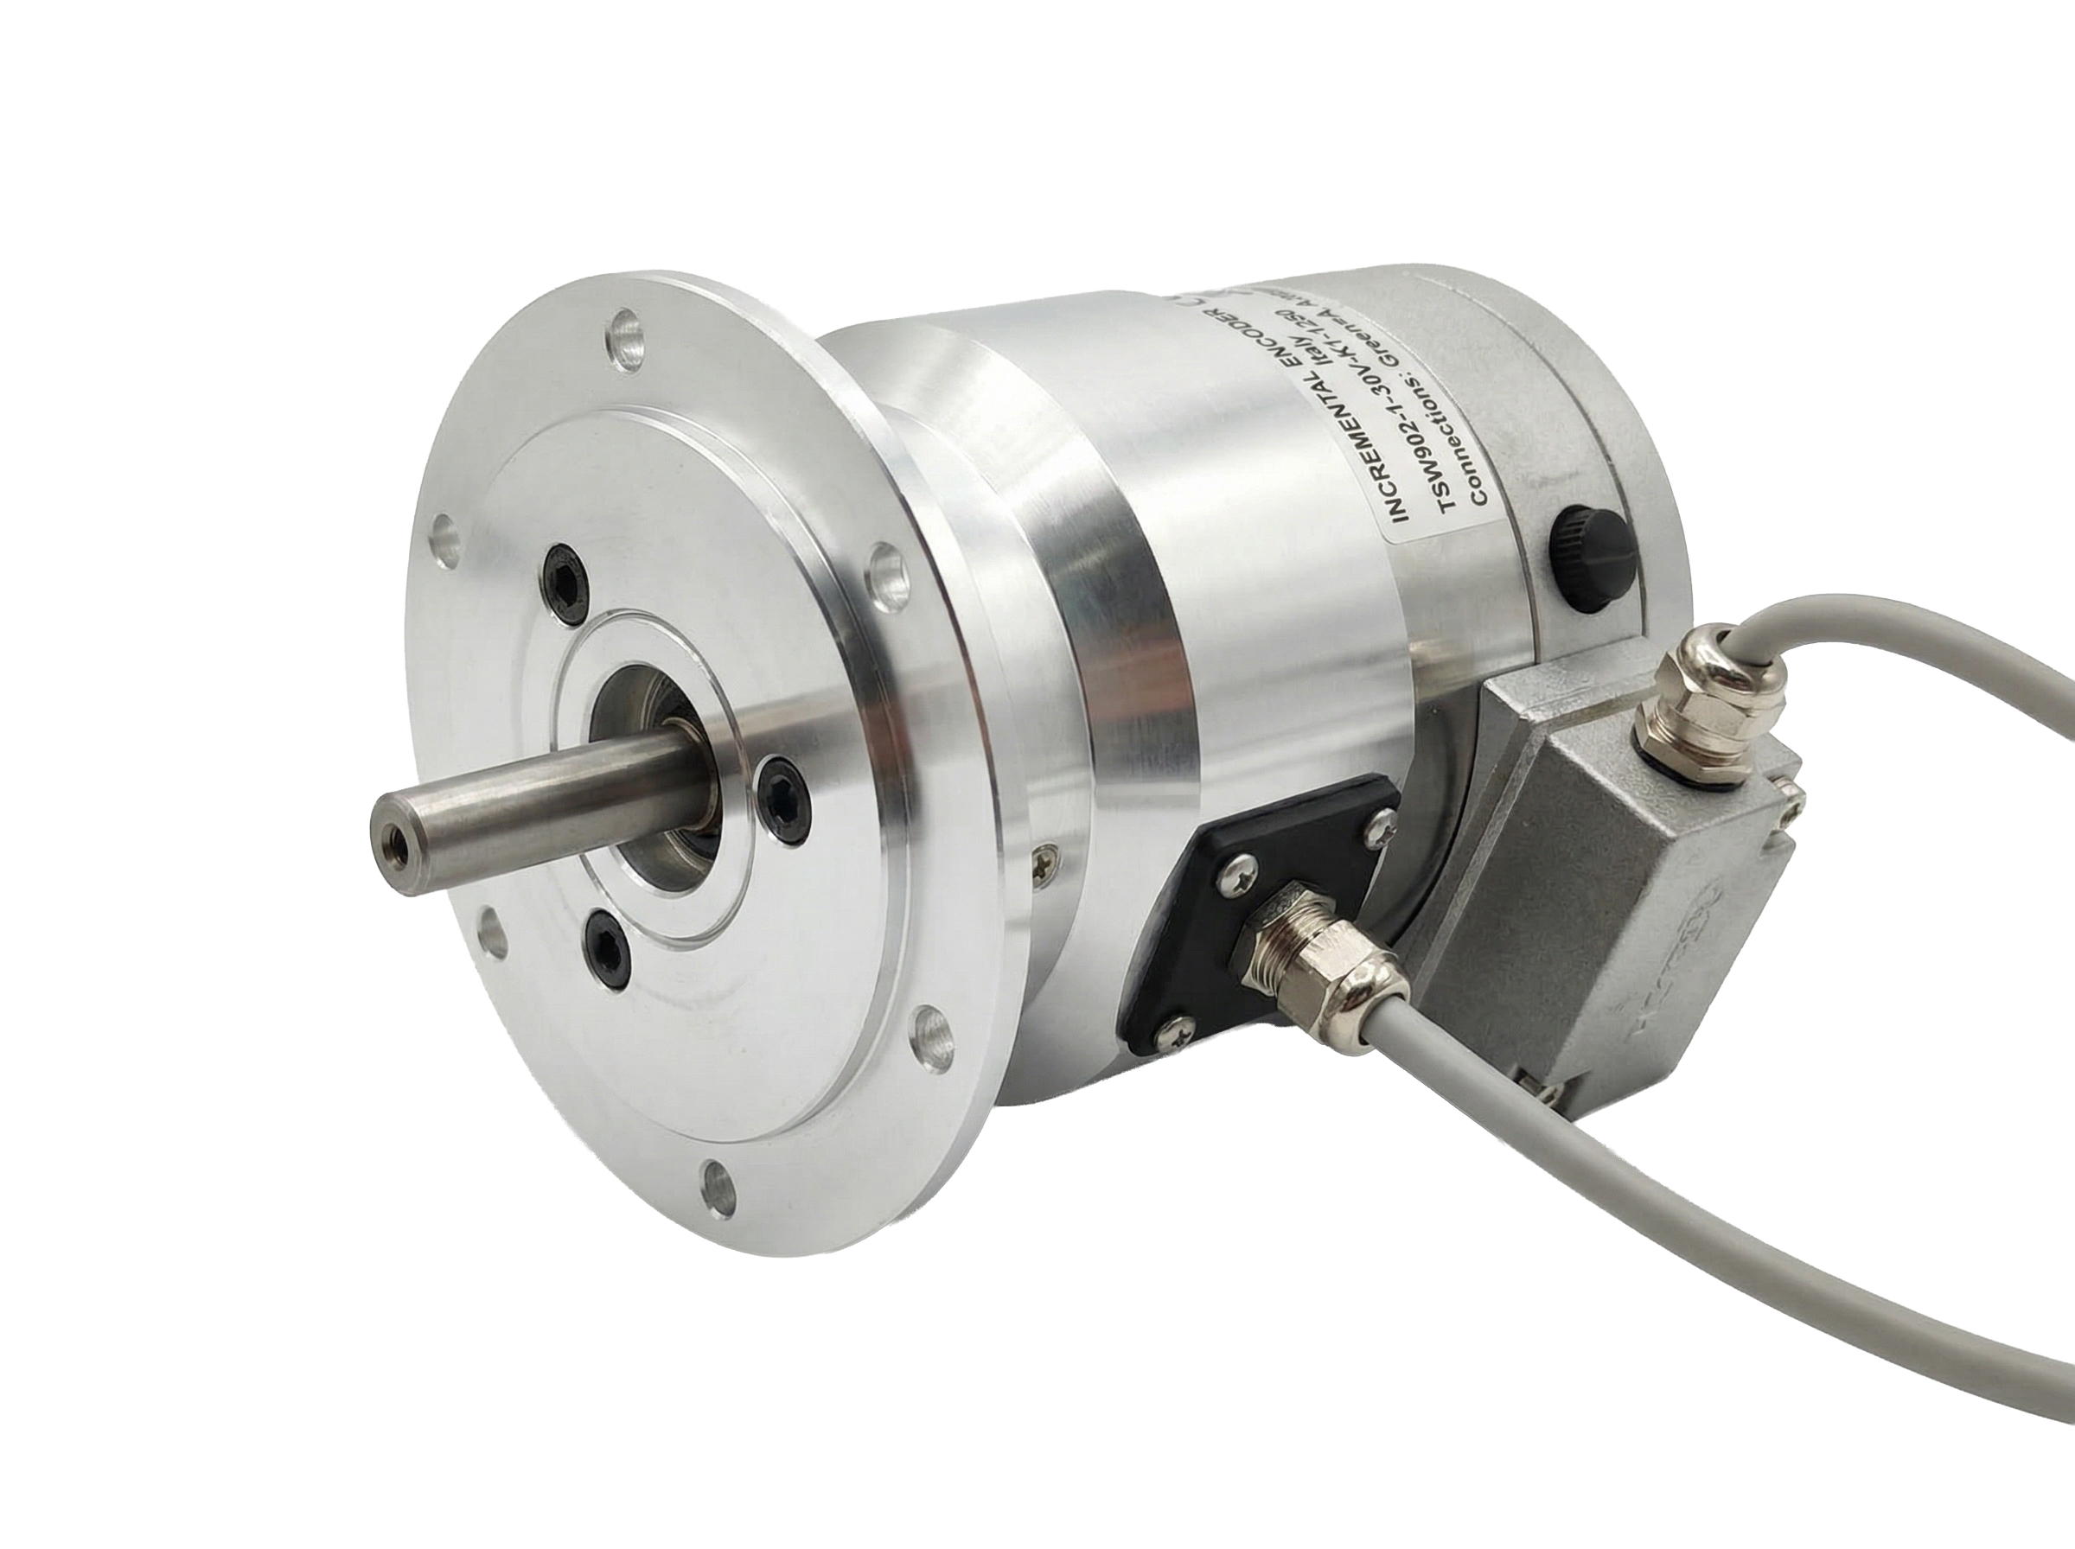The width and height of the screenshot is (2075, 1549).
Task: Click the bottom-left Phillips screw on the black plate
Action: (1177, 1031)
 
